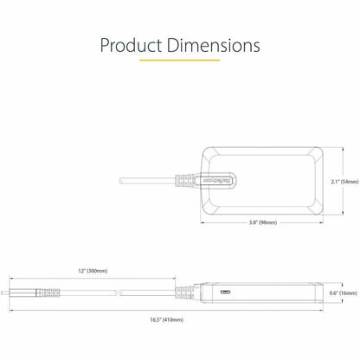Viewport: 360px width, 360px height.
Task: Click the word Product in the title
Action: coord(131,46)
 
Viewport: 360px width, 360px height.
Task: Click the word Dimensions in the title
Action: coord(214,45)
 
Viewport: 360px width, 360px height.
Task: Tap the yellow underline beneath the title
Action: coord(179,61)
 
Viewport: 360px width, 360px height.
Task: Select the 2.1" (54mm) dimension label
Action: coord(344,182)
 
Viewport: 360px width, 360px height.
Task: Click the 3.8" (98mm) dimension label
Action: coord(263,222)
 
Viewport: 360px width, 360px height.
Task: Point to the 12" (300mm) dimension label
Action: coord(93,271)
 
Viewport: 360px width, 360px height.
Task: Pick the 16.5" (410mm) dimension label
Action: coord(166,319)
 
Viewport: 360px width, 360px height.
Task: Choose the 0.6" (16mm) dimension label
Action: coord(344,293)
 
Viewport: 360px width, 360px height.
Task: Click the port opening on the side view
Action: coord(225,292)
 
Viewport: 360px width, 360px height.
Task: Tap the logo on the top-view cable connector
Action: coord(217,181)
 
